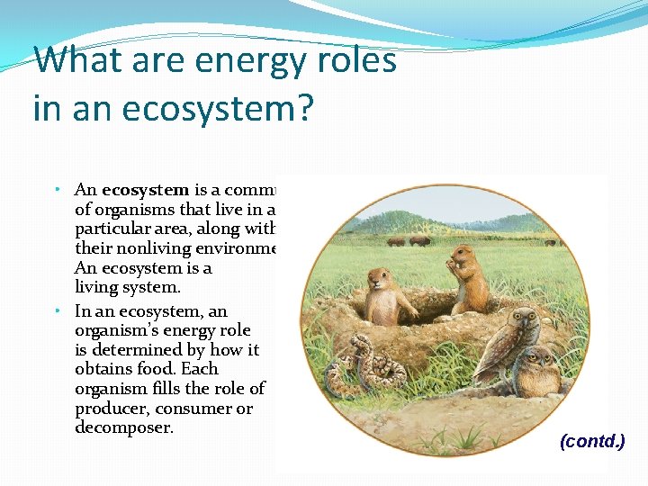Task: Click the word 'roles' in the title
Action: [355, 61]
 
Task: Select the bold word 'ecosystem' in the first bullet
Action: [145, 190]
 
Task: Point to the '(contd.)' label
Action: [592, 441]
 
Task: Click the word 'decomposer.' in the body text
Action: [124, 427]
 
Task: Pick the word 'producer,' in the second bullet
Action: [113, 409]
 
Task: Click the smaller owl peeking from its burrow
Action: [538, 369]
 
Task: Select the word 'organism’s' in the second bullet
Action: [117, 330]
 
